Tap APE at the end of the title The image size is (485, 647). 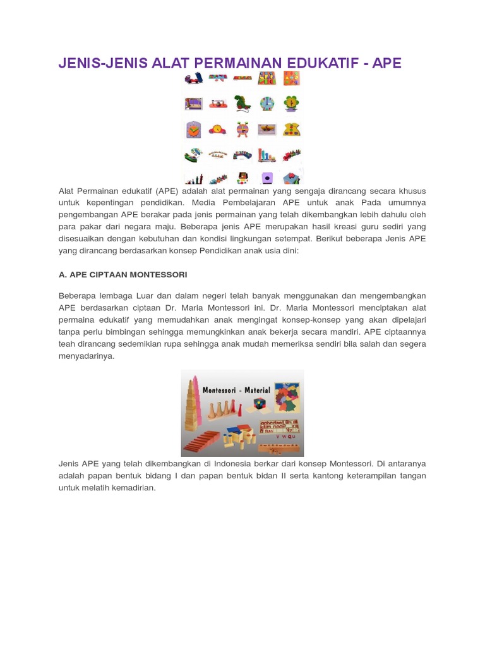coord(386,63)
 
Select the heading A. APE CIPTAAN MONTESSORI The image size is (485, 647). coord(123,275)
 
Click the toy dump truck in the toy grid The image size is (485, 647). coord(193,78)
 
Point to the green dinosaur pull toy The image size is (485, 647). coord(242,104)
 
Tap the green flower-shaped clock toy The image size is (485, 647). coord(291,103)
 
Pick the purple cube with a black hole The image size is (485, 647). coord(267,178)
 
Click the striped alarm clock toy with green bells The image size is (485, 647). coord(242,129)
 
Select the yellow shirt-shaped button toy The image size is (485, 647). coord(291,129)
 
